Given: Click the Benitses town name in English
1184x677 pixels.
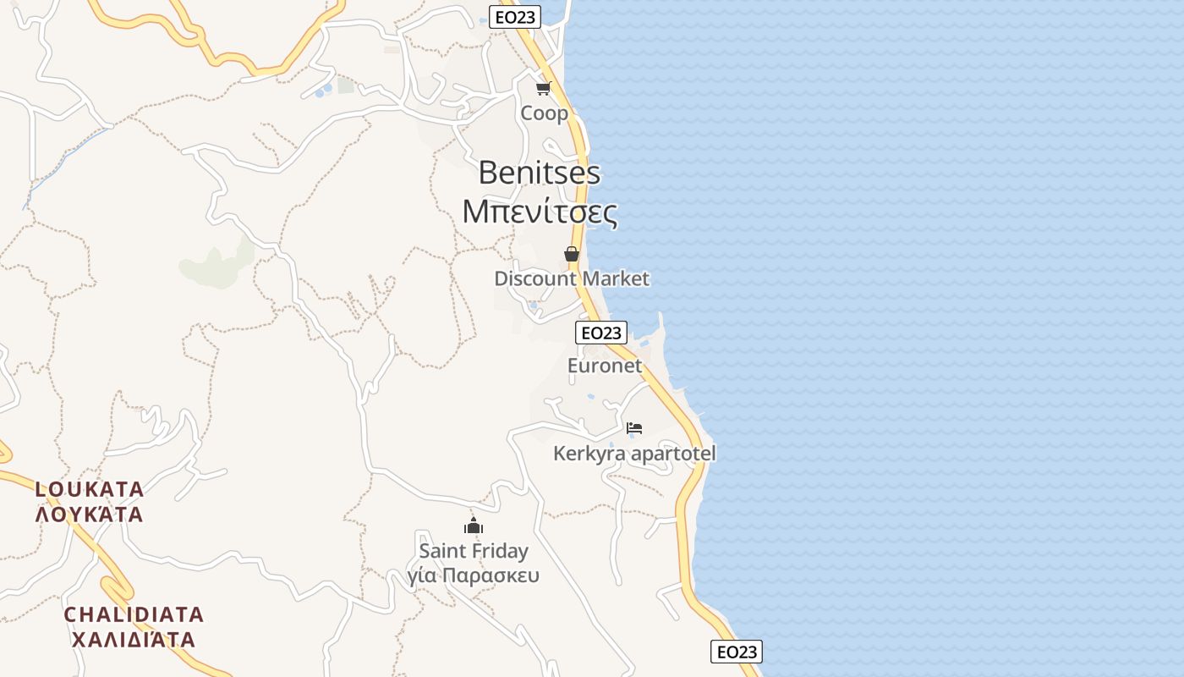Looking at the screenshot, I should pyautogui.click(x=539, y=173).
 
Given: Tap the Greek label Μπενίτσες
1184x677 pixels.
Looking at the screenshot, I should pyautogui.click(x=540, y=212).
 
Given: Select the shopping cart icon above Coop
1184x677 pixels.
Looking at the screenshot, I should pyautogui.click(x=543, y=88).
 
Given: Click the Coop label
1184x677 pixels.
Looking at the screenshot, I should pyautogui.click(x=544, y=113).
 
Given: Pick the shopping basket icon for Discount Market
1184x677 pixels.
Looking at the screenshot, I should pyautogui.click(x=572, y=254).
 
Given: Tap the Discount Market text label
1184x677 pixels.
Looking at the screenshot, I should pyautogui.click(x=572, y=278).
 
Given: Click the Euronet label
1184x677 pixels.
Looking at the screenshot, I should pyautogui.click(x=605, y=366).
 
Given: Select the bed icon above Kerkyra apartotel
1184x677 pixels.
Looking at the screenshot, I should pyautogui.click(x=634, y=428).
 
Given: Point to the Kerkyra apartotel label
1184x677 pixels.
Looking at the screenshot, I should pyautogui.click(x=634, y=454).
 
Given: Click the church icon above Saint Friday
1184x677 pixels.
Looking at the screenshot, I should pyautogui.click(x=474, y=526).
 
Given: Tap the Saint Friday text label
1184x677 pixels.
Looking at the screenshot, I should pyautogui.click(x=474, y=551).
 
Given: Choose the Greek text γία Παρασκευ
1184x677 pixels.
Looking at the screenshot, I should pyautogui.click(x=474, y=576).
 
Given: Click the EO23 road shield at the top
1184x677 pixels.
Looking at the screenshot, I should pyautogui.click(x=515, y=17).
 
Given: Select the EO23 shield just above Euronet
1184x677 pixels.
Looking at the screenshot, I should pyautogui.click(x=601, y=333).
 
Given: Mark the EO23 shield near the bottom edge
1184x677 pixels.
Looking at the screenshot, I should pyautogui.click(x=736, y=652).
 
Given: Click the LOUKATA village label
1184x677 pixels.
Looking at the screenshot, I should pyautogui.click(x=90, y=489).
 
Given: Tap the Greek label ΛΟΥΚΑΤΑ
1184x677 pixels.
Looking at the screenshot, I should pyautogui.click(x=90, y=514).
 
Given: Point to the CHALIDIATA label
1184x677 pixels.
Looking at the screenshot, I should pyautogui.click(x=134, y=614).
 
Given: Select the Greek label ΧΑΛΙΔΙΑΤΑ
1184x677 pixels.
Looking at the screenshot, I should pyautogui.click(x=134, y=639).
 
